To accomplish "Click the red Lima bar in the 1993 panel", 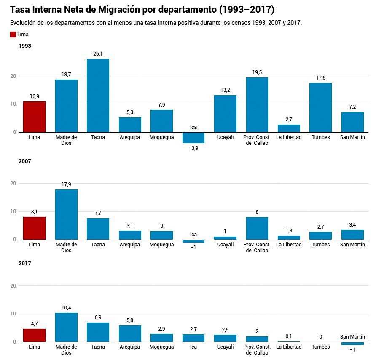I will (x=34, y=117).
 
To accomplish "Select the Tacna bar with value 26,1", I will (x=98, y=96).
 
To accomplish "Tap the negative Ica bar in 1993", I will (x=193, y=138).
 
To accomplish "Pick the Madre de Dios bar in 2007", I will (x=66, y=214).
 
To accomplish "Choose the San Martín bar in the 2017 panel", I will (x=352, y=343).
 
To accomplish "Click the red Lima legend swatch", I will (x=13, y=35).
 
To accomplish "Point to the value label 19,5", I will (x=257, y=72).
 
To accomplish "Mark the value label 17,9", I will (x=66, y=184).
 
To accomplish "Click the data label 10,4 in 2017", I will (x=66, y=308).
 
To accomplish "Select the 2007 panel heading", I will (x=25, y=161).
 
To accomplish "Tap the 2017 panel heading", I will (x=25, y=264).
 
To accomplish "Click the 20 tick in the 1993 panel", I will (x=13, y=76).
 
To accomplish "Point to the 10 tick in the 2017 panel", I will (x=13, y=314).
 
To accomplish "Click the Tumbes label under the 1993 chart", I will (x=320, y=137).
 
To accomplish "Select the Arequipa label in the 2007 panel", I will (x=130, y=245).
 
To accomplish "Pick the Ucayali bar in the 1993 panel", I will (x=225, y=114).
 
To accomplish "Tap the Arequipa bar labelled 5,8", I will (x=130, y=333).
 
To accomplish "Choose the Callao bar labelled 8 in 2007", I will (x=257, y=228).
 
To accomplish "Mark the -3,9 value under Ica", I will (x=193, y=148).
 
